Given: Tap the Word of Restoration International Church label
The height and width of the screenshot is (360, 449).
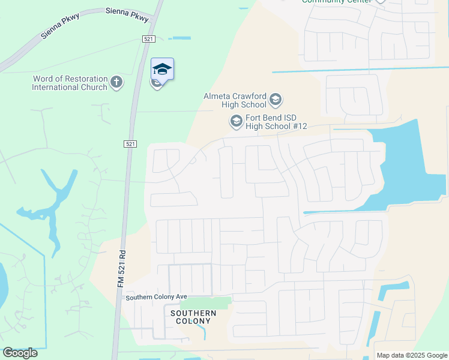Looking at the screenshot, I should coord(70,83).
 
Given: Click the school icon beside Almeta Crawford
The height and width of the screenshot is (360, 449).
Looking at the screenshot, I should coord(276,99).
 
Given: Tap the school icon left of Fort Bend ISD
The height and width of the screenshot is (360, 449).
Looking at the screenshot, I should coord(236,122).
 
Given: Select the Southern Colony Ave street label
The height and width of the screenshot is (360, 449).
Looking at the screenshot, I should coord(156,297).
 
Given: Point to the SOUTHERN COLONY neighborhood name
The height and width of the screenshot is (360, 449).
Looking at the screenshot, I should coord(193,317).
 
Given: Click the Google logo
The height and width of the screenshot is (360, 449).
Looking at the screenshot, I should coord(20,353).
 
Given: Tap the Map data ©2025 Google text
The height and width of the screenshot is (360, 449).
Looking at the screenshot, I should coord(411,355).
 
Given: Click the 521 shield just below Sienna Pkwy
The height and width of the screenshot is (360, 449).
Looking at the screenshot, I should coord(149,39).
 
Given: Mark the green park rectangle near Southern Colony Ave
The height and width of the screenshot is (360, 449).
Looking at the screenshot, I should coord(214,303).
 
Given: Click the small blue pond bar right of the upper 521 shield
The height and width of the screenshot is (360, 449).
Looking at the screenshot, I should coord(180,39).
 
